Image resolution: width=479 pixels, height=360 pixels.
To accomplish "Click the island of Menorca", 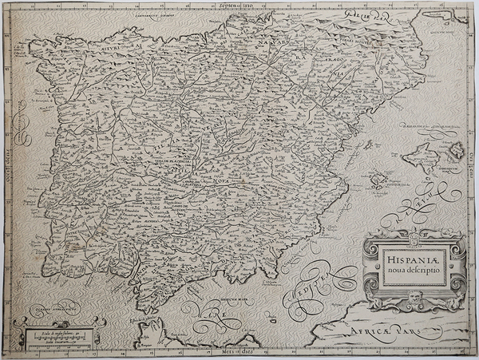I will tap(457, 148).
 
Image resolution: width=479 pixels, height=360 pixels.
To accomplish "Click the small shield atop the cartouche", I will tap(412, 236).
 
